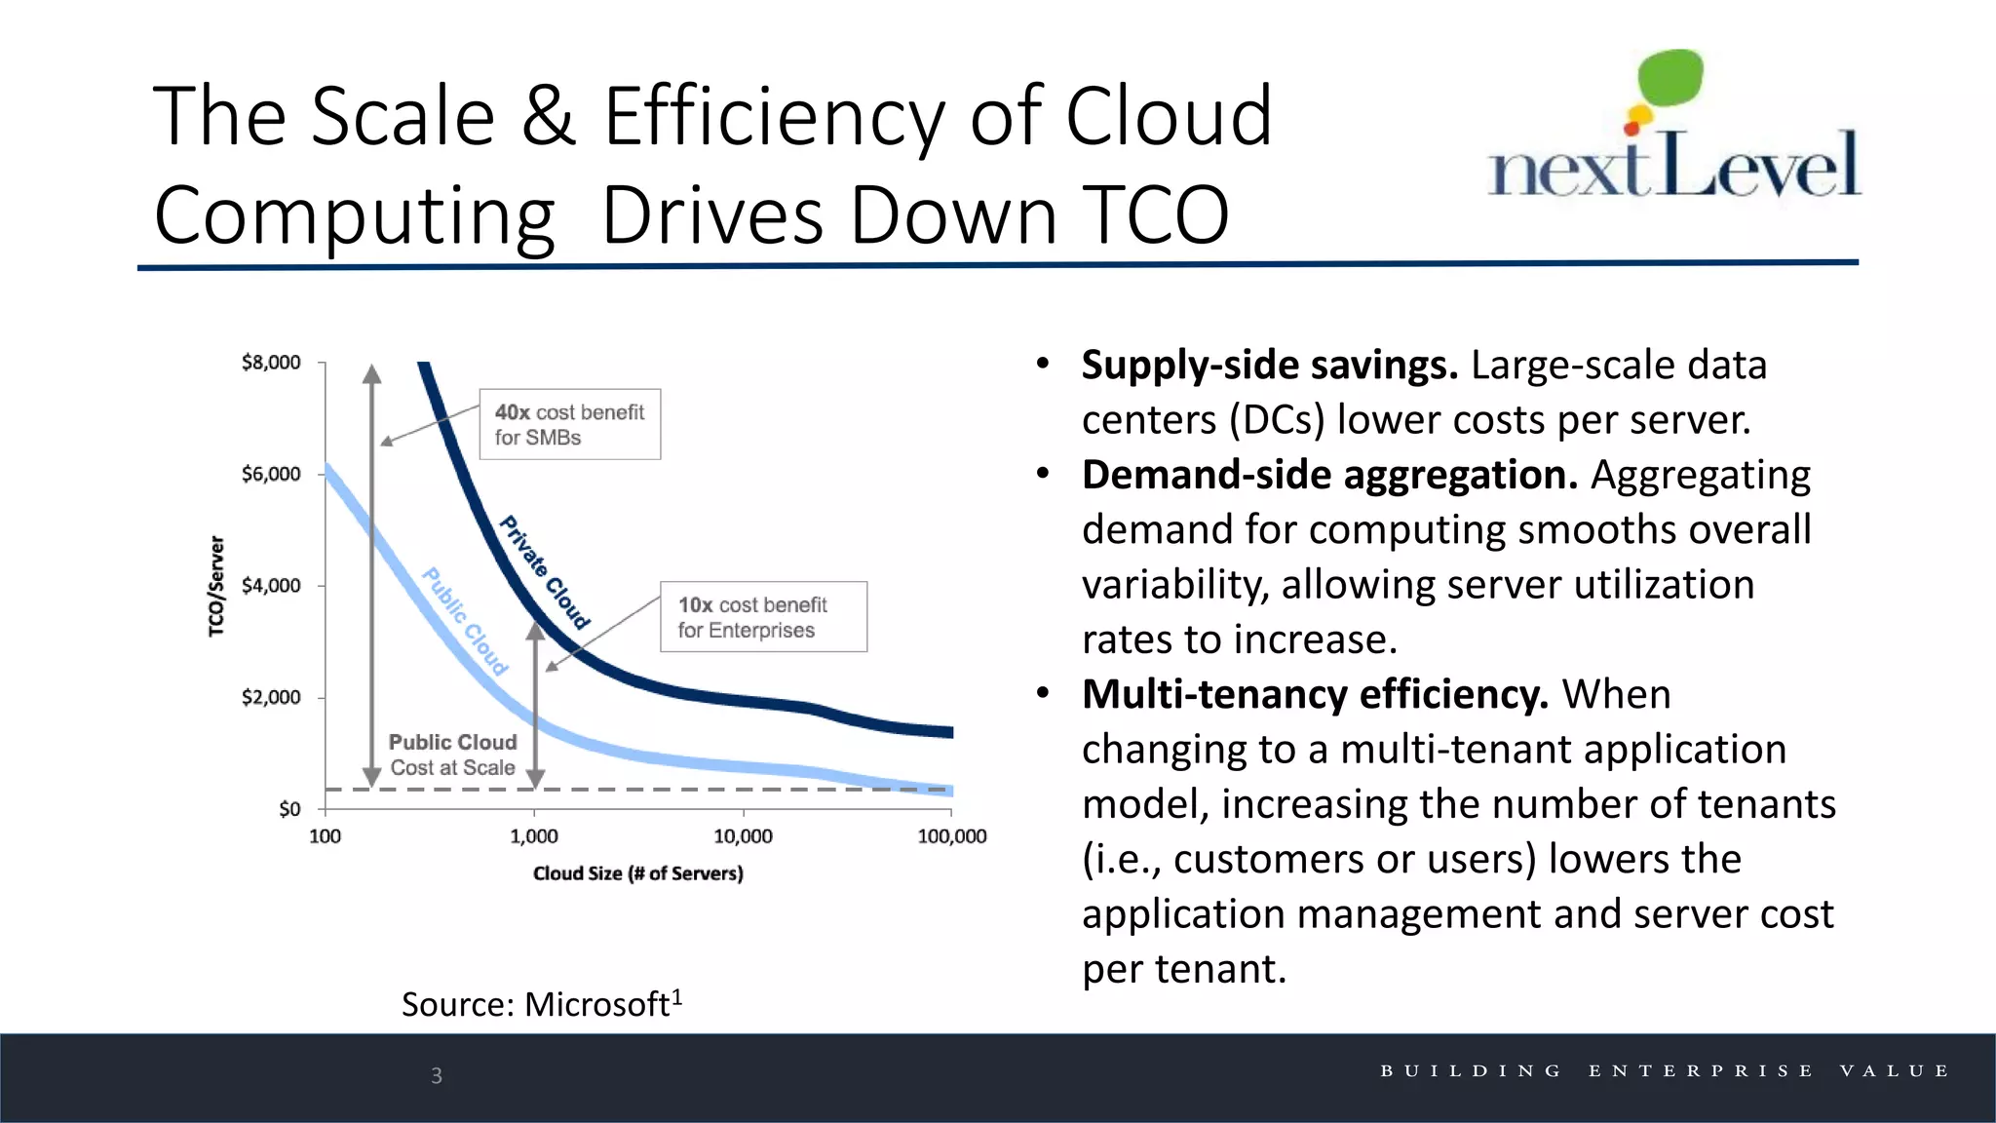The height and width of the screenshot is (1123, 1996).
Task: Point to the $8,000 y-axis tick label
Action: tap(271, 363)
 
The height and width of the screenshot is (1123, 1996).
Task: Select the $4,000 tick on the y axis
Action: tap(271, 586)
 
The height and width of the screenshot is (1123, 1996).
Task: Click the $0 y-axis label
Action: tap(289, 809)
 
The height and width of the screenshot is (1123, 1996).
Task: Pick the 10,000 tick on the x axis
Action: tap(743, 836)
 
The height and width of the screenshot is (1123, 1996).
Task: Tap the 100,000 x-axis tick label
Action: tap(951, 836)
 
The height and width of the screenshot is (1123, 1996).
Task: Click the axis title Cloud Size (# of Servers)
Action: tap(637, 873)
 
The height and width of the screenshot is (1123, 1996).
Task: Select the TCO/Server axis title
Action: tap(216, 586)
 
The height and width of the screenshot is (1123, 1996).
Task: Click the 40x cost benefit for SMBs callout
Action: tap(569, 424)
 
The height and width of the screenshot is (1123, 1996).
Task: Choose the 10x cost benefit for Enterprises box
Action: tap(763, 617)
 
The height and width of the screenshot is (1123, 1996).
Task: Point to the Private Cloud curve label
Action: tap(545, 572)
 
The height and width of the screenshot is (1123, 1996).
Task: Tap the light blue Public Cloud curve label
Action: tap(465, 621)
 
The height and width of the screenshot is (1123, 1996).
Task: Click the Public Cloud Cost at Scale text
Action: tap(452, 755)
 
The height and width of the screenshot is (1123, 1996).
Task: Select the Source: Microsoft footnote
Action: tap(541, 1004)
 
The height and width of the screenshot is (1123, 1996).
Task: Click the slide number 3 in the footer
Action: tap(437, 1075)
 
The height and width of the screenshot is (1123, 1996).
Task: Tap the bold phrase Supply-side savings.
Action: tap(1269, 366)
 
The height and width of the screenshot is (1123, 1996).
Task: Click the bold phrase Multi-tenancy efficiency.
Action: tap(1314, 695)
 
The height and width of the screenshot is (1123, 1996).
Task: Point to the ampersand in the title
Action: tap(548, 116)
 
